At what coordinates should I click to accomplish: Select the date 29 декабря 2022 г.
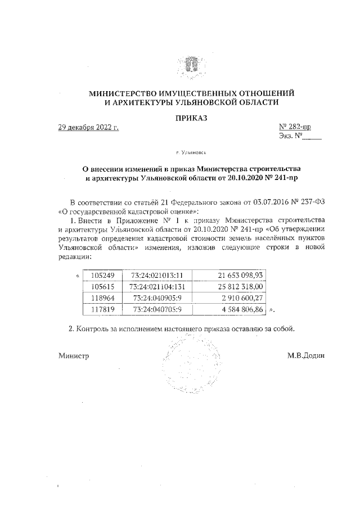(88, 128)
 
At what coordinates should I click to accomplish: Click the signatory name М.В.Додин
(306, 355)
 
